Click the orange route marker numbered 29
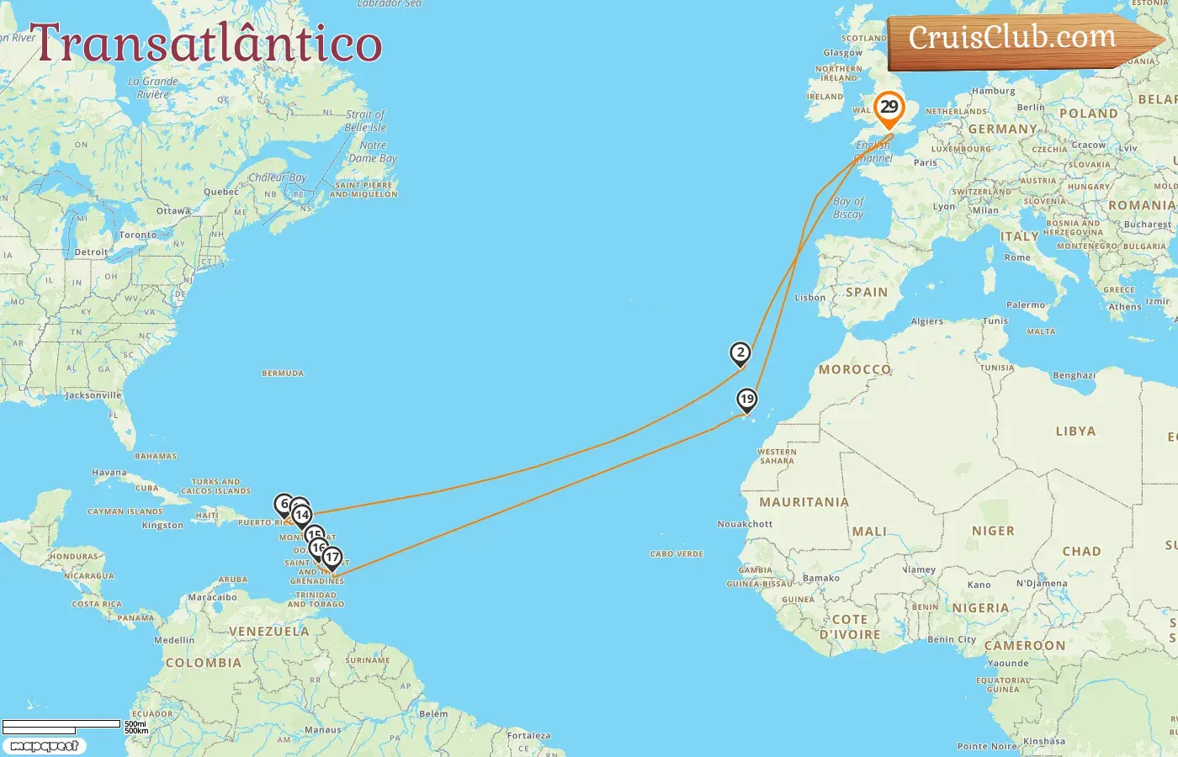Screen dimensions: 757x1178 [889, 108]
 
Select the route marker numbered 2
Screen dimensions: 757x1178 [740, 353]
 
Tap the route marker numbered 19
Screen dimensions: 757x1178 [746, 400]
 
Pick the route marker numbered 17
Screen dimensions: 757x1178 [332, 557]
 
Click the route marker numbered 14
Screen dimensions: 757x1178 [302, 516]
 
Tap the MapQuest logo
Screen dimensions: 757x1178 [44, 745]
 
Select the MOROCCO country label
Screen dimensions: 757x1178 [855, 369]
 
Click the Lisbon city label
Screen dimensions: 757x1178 [810, 298]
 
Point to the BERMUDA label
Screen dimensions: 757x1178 [283, 373]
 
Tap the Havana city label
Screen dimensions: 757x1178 [109, 473]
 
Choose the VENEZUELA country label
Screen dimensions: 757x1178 [268, 632]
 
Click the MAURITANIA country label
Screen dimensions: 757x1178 [804, 502]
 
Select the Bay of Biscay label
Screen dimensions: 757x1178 [848, 208]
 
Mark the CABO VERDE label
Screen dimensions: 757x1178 [677, 554]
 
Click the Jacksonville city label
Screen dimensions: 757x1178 [93, 395]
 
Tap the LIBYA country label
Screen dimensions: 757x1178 [1075, 431]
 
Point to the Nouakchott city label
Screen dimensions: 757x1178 [745, 524]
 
